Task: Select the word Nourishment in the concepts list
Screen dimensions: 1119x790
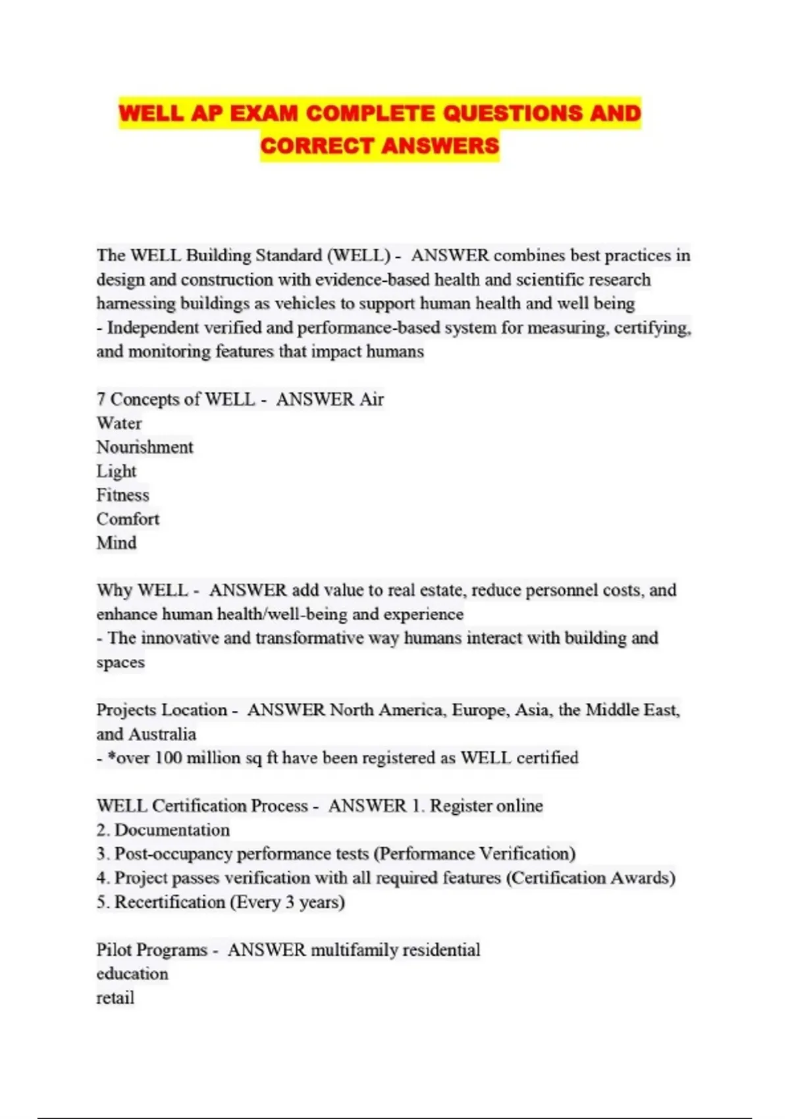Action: tap(145, 447)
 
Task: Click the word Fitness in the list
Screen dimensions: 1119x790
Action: tap(123, 495)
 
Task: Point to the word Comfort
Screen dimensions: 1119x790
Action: tap(128, 519)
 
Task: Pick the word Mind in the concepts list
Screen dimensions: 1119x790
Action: tap(117, 543)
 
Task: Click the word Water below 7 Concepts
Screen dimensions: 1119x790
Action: tap(119, 423)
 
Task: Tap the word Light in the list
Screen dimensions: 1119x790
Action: tap(117, 471)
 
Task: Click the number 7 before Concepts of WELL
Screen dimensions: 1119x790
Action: tap(101, 399)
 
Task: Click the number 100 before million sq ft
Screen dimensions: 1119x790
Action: tap(168, 758)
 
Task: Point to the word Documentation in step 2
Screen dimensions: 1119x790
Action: tap(172, 830)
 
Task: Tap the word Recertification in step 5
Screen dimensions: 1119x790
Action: tap(170, 902)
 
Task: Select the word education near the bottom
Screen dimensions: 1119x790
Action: tap(132, 974)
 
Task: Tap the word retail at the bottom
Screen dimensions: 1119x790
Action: tap(115, 998)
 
